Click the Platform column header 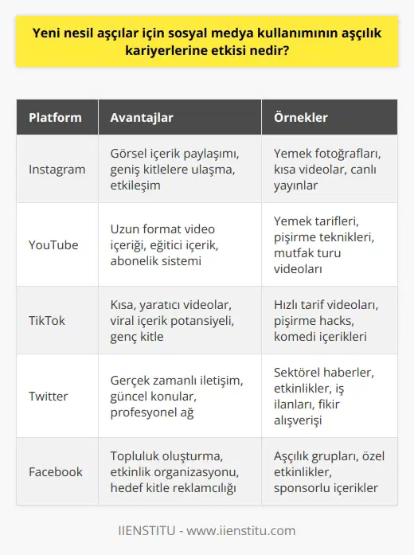tap(55, 118)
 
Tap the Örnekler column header tap(301, 118)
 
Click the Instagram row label tap(57, 169)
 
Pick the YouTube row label tap(54, 244)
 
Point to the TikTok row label tap(47, 320)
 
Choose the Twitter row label tap(49, 396)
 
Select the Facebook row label tap(56, 471)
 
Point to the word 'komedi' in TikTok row tap(294, 336)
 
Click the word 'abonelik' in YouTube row tap(134, 260)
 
